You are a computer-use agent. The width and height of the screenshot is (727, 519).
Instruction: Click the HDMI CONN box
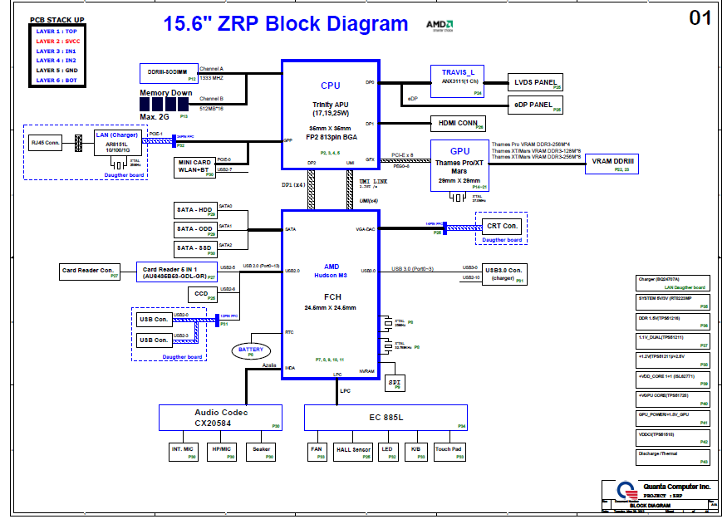(456, 123)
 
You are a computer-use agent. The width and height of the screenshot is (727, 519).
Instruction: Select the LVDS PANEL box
(535, 82)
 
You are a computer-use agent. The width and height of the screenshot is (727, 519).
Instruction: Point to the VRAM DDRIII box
(613, 163)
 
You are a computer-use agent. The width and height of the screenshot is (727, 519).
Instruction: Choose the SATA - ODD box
(195, 229)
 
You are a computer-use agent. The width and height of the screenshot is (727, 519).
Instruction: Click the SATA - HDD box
(195, 209)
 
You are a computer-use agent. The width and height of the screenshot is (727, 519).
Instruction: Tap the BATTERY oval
(251, 350)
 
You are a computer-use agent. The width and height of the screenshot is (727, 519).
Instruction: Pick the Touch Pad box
(449, 451)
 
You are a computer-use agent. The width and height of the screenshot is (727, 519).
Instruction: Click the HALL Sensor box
(353, 451)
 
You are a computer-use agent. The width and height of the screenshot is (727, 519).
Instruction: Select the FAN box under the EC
(317, 451)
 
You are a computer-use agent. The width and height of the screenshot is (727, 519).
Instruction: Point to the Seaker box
(262, 451)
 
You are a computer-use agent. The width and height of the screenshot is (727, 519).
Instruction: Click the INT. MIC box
(183, 451)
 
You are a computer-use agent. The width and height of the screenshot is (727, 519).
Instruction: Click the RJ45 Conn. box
(47, 143)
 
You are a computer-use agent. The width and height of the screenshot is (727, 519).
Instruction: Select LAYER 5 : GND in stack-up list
(56, 71)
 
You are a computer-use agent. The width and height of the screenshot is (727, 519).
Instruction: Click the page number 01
(700, 17)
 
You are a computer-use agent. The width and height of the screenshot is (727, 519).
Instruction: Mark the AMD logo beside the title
(440, 26)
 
